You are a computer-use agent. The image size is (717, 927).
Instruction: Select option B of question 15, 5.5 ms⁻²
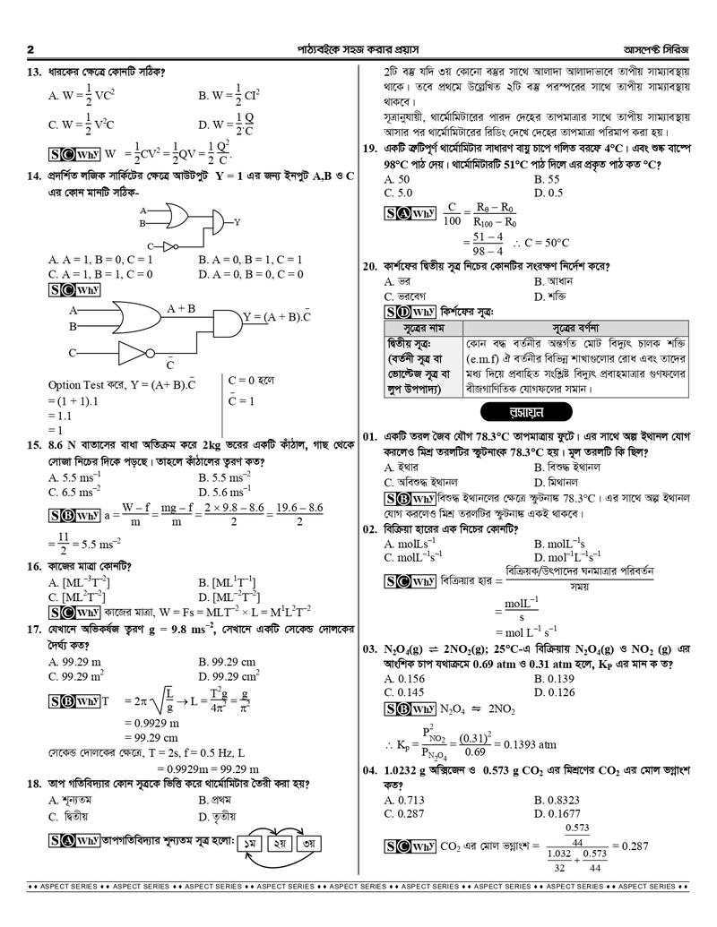pos(224,477)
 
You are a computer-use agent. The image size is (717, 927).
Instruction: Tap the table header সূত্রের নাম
pos(422,328)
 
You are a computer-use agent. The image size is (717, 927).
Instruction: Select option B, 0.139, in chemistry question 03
pos(560,679)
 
